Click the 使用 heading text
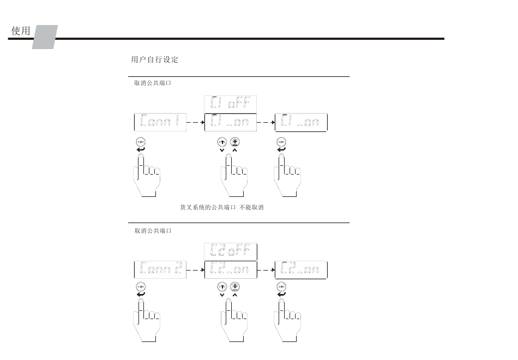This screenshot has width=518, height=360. pos(21,31)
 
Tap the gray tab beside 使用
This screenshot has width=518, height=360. pos(45,37)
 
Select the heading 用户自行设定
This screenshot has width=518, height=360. pos(155,59)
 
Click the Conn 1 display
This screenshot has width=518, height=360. pos(161,122)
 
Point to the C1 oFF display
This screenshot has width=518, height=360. pos(230,104)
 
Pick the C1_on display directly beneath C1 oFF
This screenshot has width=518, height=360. pos(230,122)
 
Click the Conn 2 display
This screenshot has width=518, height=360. pos(161,269)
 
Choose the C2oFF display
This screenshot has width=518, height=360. pos(230,251)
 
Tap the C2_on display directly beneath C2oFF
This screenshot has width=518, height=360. pos(230,269)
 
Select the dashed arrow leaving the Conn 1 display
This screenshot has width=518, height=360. pos(195,122)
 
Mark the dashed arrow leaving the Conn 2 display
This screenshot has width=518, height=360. pos(195,269)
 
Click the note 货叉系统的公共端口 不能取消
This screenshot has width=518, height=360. pos(222,208)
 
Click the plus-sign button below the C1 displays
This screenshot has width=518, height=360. pos(235,142)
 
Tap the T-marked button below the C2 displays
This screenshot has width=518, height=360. pos(222,286)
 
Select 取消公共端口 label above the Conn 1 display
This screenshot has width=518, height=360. pos(153,83)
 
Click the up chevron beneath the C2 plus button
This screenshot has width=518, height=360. pos(235,295)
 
